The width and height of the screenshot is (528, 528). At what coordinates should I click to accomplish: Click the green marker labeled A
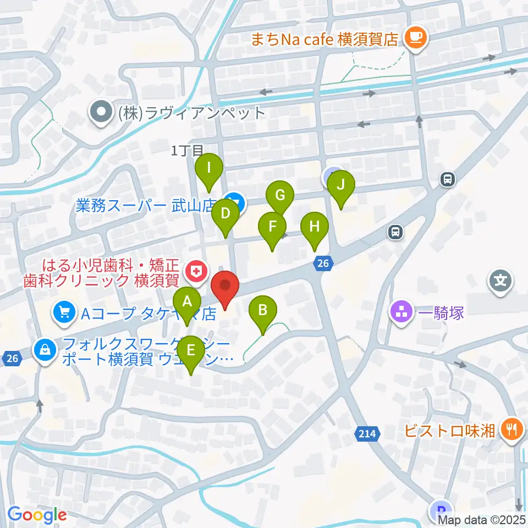tap(188, 301)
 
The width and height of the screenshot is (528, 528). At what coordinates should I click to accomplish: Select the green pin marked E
tap(191, 350)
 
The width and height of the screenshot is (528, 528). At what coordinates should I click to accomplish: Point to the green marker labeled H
tap(314, 227)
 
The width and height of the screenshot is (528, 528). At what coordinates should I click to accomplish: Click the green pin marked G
tap(280, 195)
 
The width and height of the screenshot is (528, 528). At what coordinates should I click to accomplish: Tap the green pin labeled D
tap(225, 213)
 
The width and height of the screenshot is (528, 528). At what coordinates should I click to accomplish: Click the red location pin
tap(226, 287)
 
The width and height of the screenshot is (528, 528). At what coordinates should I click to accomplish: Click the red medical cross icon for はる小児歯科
tap(194, 269)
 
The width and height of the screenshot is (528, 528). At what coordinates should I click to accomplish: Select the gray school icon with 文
tap(501, 280)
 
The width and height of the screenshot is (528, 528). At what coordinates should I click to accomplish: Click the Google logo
tap(37, 515)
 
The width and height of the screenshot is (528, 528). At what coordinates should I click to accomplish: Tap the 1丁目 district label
tap(187, 150)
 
